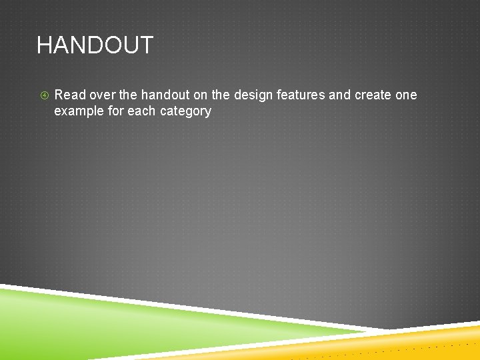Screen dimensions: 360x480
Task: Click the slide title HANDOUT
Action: tap(95, 45)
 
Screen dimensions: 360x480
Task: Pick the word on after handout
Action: tap(200, 95)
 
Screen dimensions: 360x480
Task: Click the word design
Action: tap(253, 95)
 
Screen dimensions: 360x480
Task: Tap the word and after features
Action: tap(339, 95)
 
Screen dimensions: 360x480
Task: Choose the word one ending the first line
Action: tap(406, 95)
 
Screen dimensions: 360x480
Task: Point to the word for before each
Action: tap(115, 111)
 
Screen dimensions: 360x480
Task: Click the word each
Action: tap(141, 111)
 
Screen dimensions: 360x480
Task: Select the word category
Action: tap(186, 111)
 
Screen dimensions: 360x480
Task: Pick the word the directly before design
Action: tap(221, 95)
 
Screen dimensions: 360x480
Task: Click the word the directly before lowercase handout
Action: tap(128, 95)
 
